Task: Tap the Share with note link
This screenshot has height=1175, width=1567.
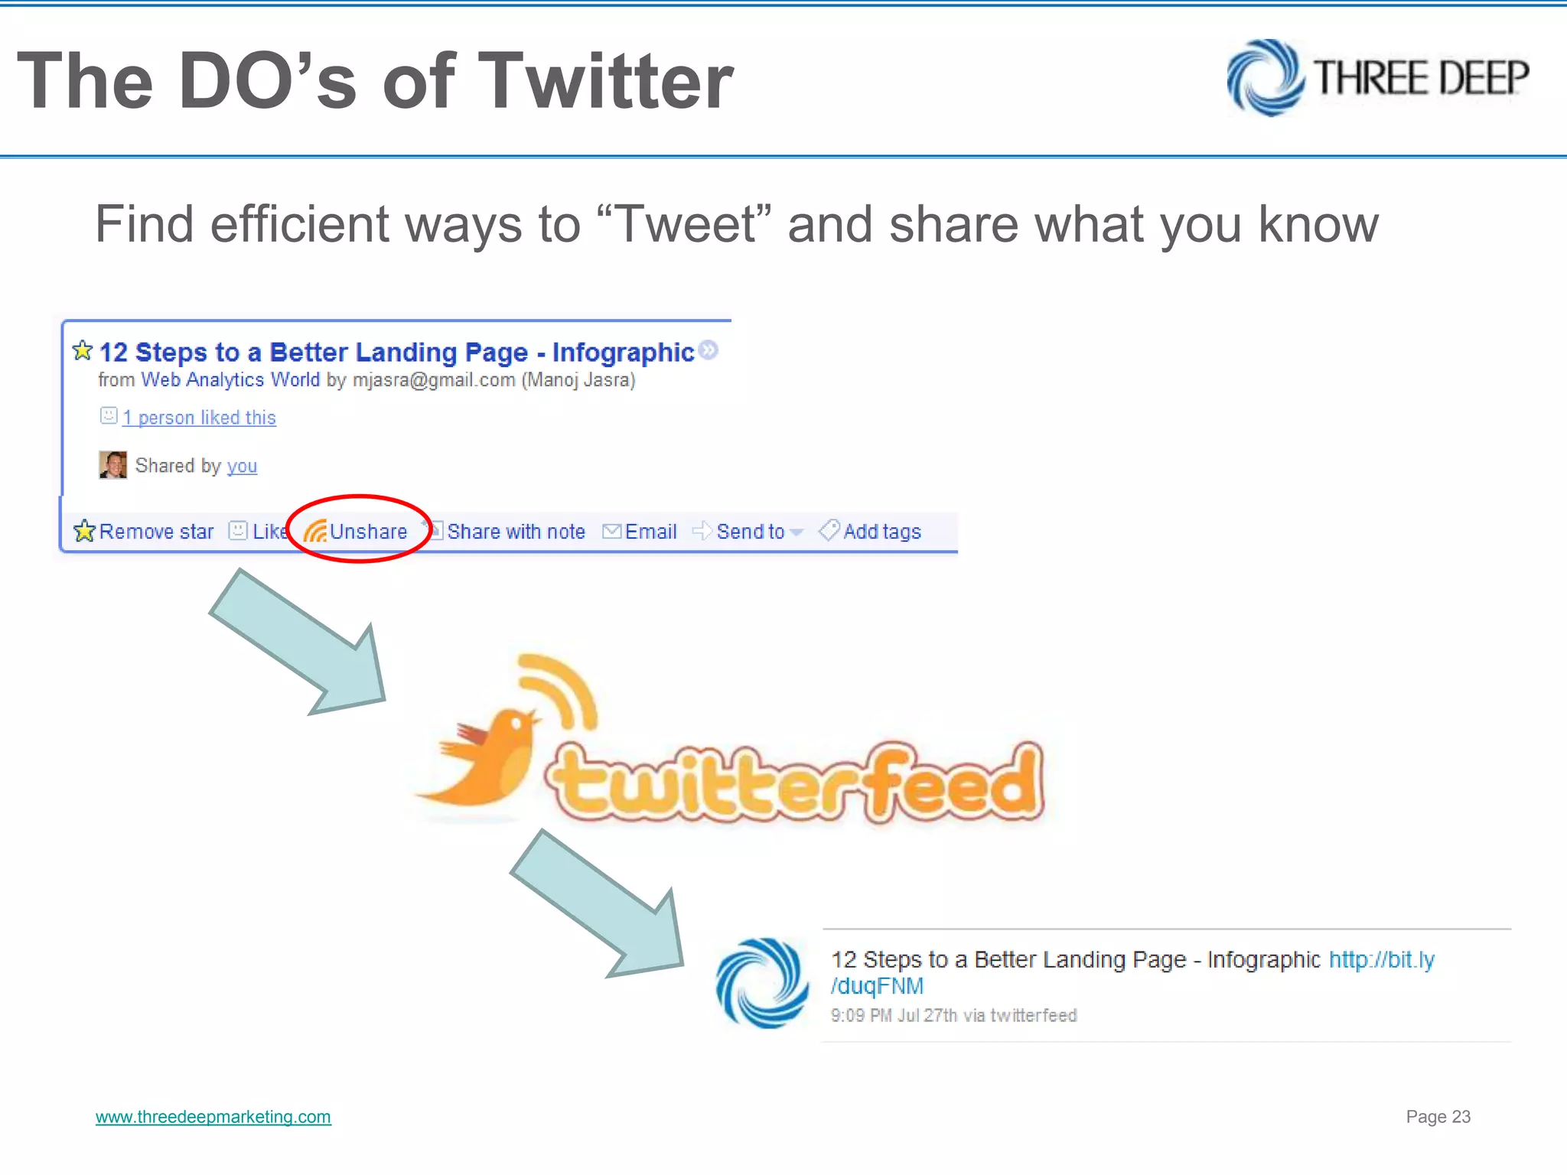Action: (x=515, y=531)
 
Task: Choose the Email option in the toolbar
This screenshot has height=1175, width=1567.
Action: (x=650, y=531)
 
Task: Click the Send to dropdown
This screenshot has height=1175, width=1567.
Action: (x=750, y=531)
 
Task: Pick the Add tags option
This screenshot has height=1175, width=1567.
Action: (x=881, y=531)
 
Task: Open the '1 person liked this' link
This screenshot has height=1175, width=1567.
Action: (x=199, y=418)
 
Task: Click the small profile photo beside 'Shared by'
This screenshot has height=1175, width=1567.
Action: (x=113, y=464)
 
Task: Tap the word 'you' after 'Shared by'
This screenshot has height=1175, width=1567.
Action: (x=242, y=466)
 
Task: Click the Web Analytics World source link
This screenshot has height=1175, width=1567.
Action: (x=230, y=379)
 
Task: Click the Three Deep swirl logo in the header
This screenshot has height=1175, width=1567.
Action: (x=1265, y=77)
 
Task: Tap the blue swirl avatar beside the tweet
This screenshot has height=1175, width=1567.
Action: (x=762, y=983)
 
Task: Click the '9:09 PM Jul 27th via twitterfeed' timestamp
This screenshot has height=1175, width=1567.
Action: (x=953, y=1015)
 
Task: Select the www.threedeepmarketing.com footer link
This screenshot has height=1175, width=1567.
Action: (x=213, y=1117)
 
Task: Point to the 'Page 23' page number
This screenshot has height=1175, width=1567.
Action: (x=1438, y=1117)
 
